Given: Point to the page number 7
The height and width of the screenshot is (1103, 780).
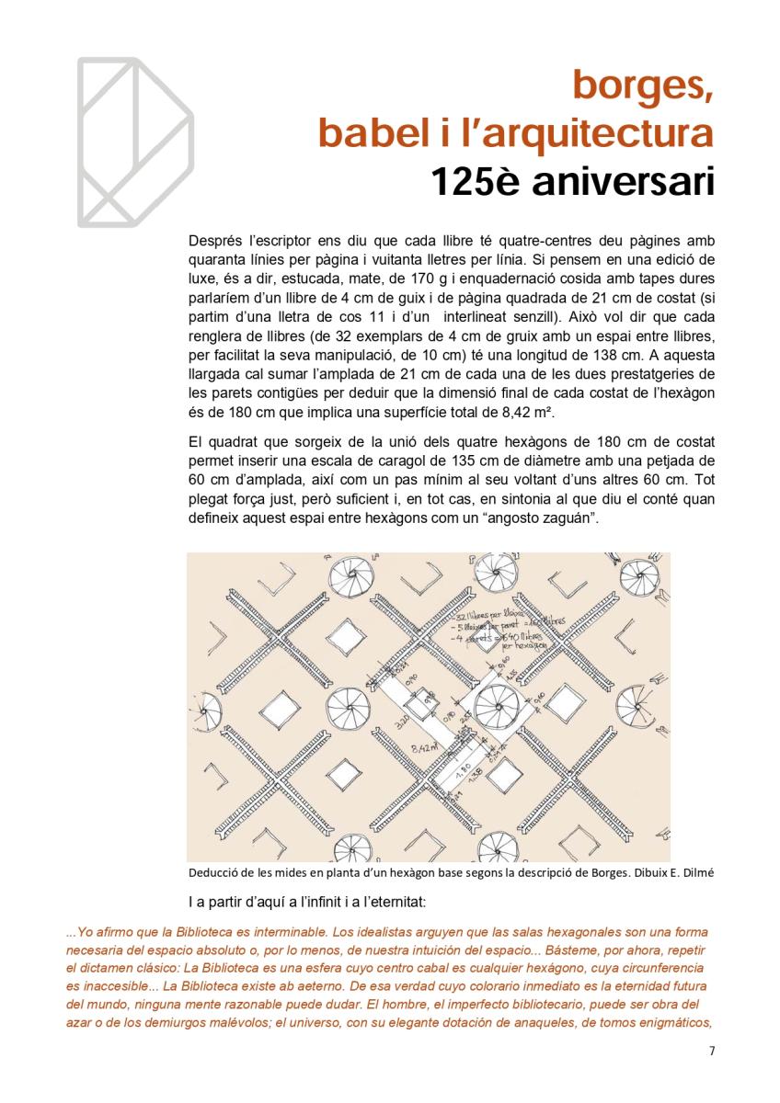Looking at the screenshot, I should click(711, 1052).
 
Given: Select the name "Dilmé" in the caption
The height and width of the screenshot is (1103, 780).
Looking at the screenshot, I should click(695, 872).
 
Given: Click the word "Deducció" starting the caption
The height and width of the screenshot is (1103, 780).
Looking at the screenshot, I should click(213, 872).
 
